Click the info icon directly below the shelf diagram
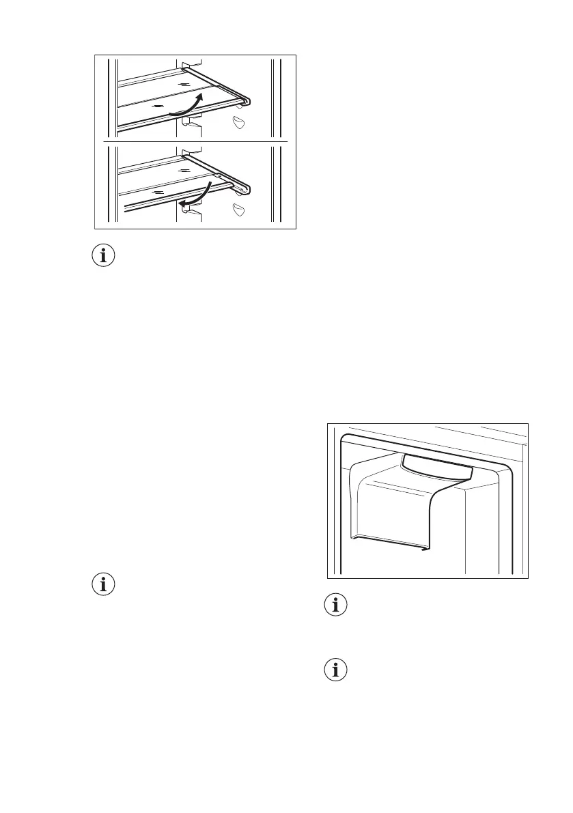(104, 257)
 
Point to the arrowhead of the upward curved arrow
(199, 97)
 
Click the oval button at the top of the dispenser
(438, 468)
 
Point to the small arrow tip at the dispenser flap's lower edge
(425, 547)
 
